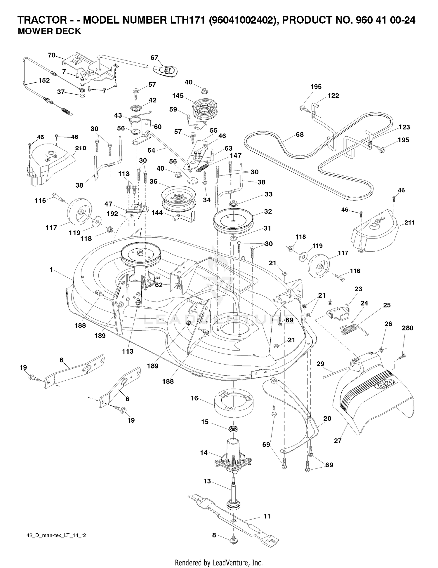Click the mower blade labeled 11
(234, 516)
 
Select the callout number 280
(407, 328)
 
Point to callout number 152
(44, 80)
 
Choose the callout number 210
(81, 148)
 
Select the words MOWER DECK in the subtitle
(49, 31)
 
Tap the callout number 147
(236, 155)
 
